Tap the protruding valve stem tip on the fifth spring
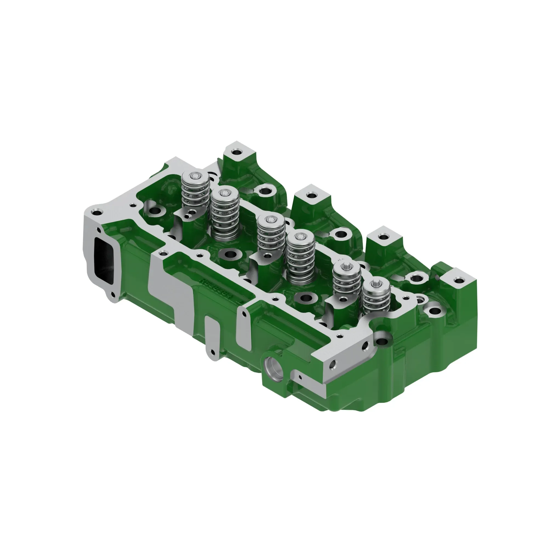tap(347, 267)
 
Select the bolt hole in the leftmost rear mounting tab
tap(236, 152)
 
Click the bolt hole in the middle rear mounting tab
tap(311, 195)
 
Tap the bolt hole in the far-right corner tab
tap(458, 281)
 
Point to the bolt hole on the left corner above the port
tap(97, 212)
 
